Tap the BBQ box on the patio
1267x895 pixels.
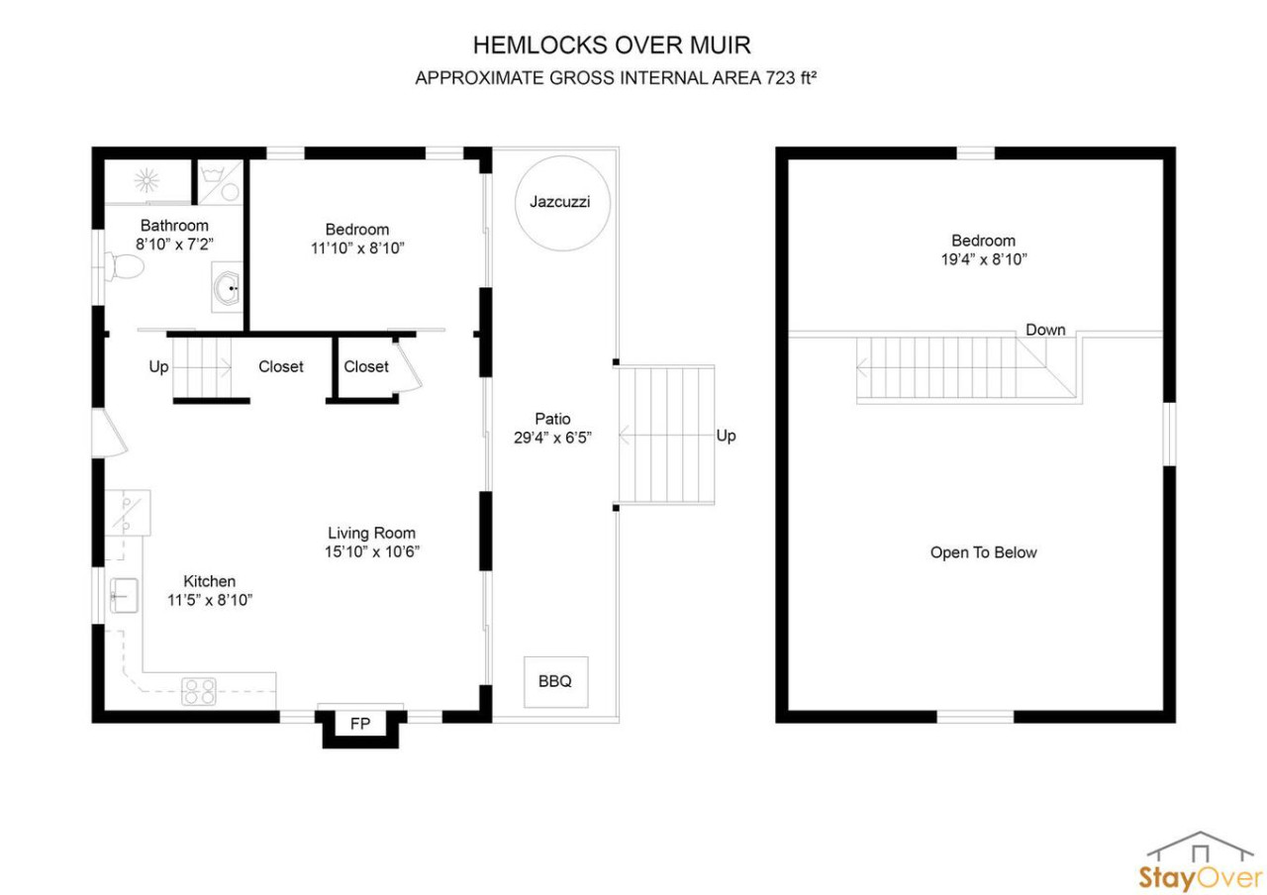point(555,682)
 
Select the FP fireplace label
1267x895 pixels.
point(359,724)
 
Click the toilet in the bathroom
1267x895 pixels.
point(125,266)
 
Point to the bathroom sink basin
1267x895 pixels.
point(228,287)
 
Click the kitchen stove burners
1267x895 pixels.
point(199,691)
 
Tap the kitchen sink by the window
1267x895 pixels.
point(124,595)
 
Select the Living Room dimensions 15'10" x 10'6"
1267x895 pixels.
point(371,551)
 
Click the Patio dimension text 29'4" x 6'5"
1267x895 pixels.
point(552,438)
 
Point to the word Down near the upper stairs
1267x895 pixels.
point(1045,330)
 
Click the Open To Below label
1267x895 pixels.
point(983,552)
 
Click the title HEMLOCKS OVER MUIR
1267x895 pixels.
point(612,46)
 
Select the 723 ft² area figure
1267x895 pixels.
point(791,77)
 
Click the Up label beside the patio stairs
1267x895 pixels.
point(727,436)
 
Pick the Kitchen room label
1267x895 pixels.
point(209,581)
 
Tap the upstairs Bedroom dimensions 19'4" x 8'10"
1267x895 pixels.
point(984,259)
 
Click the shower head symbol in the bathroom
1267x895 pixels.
point(147,181)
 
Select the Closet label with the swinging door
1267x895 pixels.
point(366,366)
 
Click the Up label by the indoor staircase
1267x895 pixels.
point(158,367)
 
